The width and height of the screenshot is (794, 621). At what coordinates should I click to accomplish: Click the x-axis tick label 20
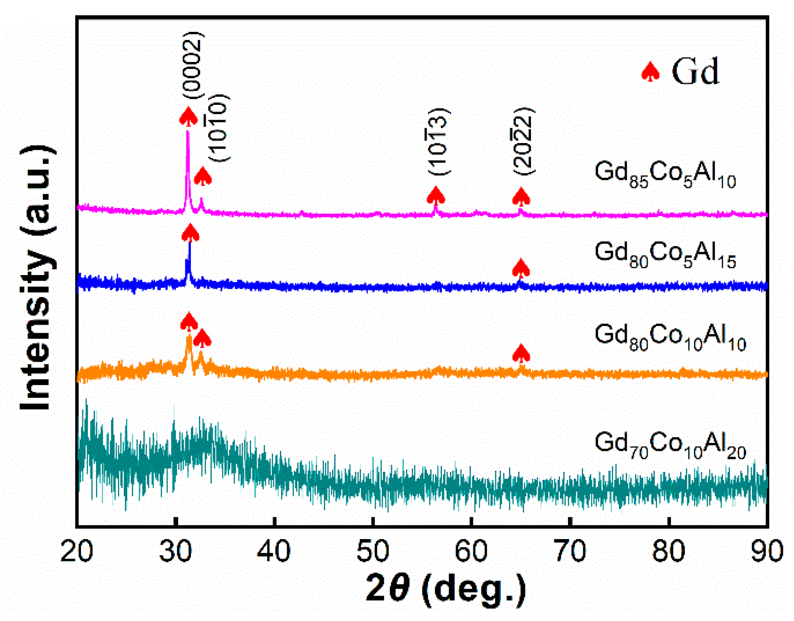pos(77,552)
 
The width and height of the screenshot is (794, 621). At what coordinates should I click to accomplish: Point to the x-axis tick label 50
pos(372,552)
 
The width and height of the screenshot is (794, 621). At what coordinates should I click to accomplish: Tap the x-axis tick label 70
pos(570,552)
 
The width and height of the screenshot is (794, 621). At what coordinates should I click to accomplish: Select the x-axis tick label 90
pos(767,552)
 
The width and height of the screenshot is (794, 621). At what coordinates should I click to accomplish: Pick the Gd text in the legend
pos(696,71)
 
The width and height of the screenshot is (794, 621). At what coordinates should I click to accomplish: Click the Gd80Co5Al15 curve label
pos(665,255)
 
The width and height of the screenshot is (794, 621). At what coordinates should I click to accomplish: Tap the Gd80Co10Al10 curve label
pos(670,337)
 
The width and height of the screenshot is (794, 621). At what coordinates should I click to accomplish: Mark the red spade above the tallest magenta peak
pos(188,117)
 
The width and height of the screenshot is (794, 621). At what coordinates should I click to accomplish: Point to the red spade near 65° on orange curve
pos(521,353)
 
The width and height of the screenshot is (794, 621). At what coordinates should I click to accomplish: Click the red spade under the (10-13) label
pos(436,196)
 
